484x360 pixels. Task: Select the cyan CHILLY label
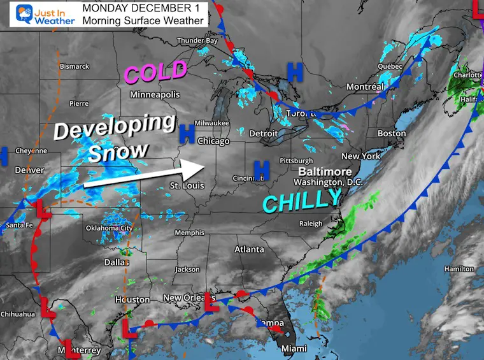[x=302, y=202]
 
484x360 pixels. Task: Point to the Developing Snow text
[x=115, y=139]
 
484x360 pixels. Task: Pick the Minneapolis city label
[x=155, y=94]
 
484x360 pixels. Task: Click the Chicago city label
[x=213, y=140]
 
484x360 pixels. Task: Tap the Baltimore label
[x=327, y=172]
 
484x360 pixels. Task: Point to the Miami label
[x=294, y=349]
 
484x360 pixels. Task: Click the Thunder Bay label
[x=197, y=41]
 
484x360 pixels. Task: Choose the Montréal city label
[x=365, y=87]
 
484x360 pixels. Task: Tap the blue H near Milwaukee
[x=187, y=133]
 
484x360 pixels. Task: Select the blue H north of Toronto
[x=294, y=73]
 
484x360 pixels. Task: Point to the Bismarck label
[x=75, y=66]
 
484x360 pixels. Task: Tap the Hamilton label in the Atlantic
[x=459, y=269]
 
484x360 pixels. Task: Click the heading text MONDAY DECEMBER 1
[x=145, y=8]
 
